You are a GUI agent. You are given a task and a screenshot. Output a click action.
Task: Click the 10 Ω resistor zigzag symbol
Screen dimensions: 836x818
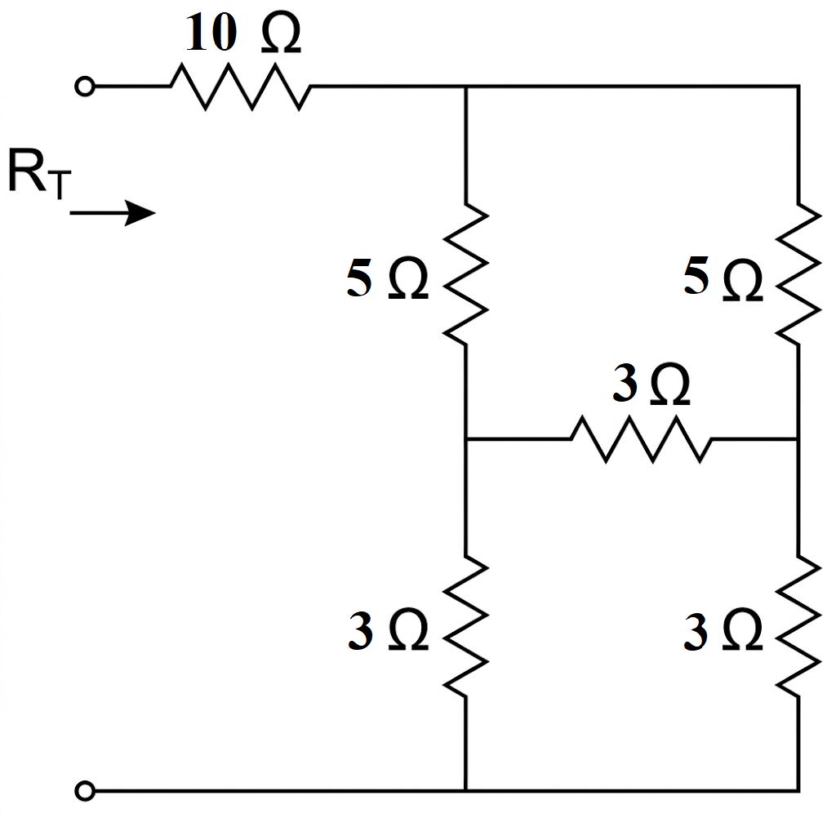point(241,87)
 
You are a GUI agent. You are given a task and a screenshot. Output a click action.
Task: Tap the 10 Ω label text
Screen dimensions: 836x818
point(243,33)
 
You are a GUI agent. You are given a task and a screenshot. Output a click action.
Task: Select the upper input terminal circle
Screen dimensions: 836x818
point(85,86)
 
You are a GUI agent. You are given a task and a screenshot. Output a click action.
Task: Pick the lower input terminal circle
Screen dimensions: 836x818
point(85,790)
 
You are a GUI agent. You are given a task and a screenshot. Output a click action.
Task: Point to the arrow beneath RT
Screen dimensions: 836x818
point(113,213)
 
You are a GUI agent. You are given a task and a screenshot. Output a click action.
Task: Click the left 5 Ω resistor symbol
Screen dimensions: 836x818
point(466,273)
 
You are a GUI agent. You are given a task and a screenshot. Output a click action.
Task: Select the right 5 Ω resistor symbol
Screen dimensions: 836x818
point(798,273)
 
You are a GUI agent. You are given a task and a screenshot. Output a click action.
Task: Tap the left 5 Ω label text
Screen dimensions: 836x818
point(388,279)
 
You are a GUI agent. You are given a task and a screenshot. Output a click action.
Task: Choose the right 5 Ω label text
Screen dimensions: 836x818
point(723,279)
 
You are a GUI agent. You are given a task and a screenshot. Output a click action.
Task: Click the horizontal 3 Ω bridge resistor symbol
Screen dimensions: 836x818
point(641,439)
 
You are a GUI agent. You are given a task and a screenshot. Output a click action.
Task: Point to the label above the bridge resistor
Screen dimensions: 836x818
point(651,384)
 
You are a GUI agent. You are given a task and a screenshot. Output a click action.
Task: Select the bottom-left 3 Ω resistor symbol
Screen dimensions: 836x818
point(466,625)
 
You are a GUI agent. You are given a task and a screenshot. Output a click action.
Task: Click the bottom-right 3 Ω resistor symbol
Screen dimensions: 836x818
point(798,625)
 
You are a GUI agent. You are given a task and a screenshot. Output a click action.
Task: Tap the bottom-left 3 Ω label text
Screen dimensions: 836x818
point(388,629)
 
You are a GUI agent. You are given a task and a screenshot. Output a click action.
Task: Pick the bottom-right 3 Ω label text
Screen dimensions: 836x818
point(723,629)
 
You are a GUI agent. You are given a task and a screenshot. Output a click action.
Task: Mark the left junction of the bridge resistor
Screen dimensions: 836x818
point(466,439)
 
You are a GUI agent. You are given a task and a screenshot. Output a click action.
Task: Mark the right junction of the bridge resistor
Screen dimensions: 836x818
point(798,439)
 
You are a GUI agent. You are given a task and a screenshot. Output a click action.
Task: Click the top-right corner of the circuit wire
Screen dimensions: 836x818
point(798,86)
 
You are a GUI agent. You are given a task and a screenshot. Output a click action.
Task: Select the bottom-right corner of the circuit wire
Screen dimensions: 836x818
point(798,789)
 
